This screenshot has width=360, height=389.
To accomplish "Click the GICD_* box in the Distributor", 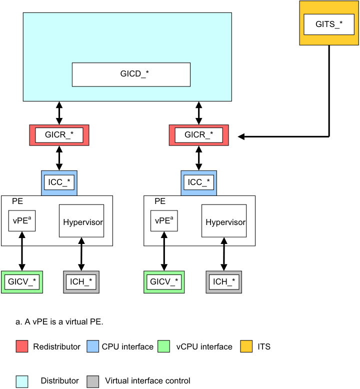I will pos(131,74).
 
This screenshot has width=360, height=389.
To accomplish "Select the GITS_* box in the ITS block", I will pos(329,24).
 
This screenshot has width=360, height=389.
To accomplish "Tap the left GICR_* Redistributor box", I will pos(59,135).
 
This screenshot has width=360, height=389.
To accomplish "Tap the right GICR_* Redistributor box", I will pos(199,135).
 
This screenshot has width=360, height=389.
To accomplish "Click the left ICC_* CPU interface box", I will pos(59,182).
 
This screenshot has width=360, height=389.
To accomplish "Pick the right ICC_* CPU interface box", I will pos(199,182).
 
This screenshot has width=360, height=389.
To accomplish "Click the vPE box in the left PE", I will pos(22,220).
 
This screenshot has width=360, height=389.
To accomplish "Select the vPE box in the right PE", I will pos(164,220).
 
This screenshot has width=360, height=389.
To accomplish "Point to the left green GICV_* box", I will pos(22,282).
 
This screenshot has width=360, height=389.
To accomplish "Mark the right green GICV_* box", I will pos(164,282).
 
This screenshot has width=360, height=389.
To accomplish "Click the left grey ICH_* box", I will pos(81,282).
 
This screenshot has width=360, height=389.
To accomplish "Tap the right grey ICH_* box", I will pos(224,282).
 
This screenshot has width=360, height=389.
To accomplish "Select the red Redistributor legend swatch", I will pos(22,346).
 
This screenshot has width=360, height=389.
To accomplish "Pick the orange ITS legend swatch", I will pos(246,346).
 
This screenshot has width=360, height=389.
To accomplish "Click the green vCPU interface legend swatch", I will pos(164,346).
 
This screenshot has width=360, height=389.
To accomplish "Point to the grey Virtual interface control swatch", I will pos(93,381).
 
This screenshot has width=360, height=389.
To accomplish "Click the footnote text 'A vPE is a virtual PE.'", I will pos(59,321).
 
